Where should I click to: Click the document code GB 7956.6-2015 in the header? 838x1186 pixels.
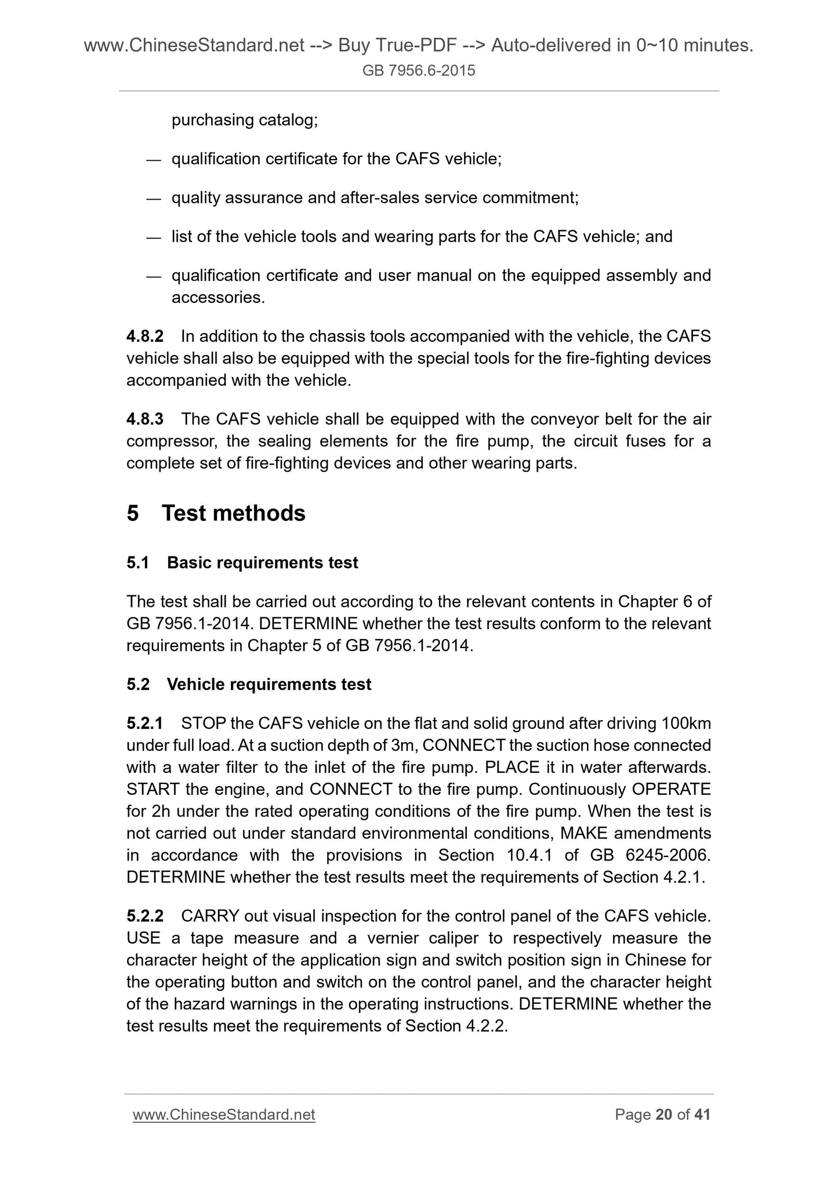click(419, 71)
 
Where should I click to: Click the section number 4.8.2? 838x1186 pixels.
click(145, 336)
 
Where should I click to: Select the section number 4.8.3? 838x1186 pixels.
click(145, 418)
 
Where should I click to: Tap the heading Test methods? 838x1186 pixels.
click(233, 514)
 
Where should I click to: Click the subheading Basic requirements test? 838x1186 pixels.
click(262, 563)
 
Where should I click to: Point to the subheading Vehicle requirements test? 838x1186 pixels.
click(269, 685)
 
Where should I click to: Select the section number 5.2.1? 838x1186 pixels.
click(145, 723)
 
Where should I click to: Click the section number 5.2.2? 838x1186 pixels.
click(145, 916)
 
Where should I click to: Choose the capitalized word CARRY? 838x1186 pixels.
click(210, 916)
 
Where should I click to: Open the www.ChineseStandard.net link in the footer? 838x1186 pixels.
click(224, 1115)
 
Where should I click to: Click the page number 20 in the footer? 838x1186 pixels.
click(663, 1115)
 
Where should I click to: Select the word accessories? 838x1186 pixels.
click(218, 298)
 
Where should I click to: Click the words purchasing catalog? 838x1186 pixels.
click(244, 120)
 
